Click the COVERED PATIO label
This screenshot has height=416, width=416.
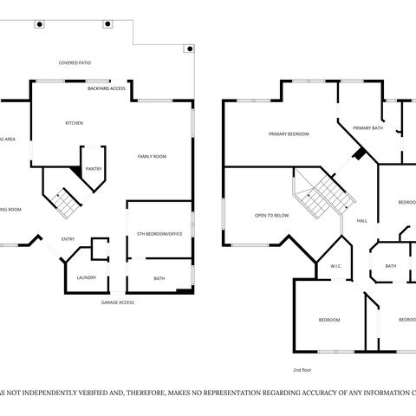[x=75, y=63]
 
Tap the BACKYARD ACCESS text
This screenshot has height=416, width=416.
[x=107, y=88]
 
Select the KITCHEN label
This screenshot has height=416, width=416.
[x=75, y=123]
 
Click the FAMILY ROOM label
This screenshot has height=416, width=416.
[x=152, y=156]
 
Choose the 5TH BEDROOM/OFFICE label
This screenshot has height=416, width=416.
[x=158, y=235]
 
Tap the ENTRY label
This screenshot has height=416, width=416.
[x=68, y=239]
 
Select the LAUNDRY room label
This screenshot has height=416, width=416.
[x=86, y=277]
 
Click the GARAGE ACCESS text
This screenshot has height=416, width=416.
[x=117, y=302]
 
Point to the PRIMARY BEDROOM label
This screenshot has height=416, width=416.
[x=289, y=134]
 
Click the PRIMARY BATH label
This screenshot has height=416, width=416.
[x=368, y=128]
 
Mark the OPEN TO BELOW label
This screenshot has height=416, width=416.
[x=271, y=215]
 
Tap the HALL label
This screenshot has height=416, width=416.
[x=361, y=220]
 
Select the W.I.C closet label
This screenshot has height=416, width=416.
[x=336, y=266]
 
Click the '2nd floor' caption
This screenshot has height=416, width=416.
[x=302, y=369]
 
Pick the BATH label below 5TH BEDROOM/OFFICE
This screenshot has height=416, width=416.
[x=159, y=278]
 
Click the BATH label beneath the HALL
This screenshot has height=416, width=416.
[x=391, y=266]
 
